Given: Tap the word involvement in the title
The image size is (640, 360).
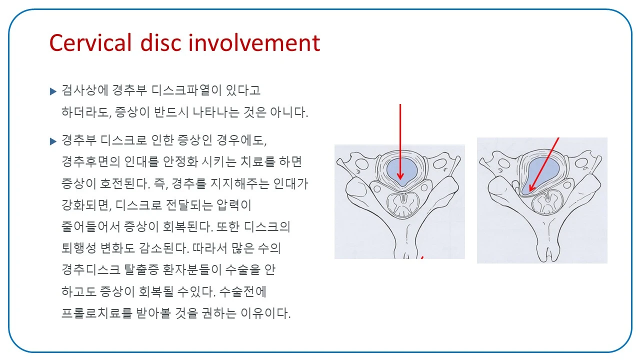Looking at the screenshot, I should point(254,43).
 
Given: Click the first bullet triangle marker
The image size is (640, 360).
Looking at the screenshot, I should point(53,91).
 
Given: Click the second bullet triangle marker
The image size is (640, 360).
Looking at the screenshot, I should point(53,141).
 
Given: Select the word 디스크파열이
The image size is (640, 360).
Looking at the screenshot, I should point(182,91).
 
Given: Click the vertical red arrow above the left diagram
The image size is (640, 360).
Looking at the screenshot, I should point(400,140).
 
